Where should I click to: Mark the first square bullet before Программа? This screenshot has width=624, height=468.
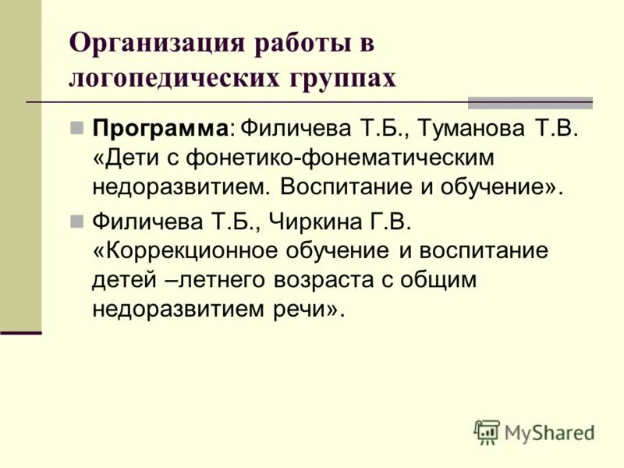pyautogui.click(x=76, y=127)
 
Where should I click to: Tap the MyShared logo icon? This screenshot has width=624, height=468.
pyautogui.click(x=486, y=432)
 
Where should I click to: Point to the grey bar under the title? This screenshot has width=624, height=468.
pyautogui.click(x=530, y=102)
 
